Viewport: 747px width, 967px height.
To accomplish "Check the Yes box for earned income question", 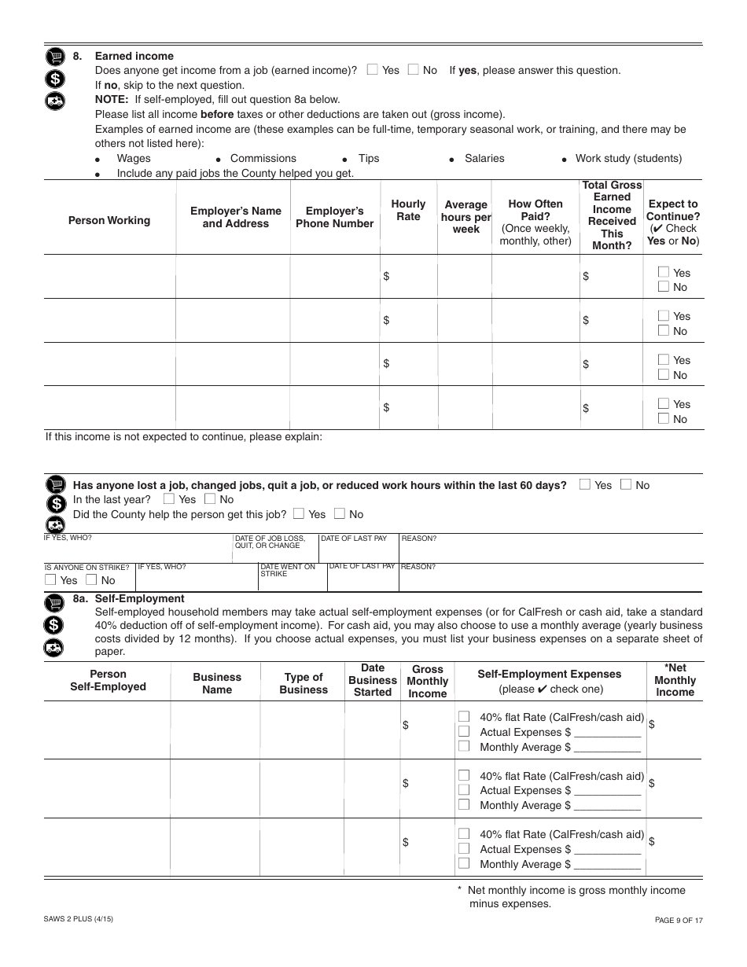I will (373, 70).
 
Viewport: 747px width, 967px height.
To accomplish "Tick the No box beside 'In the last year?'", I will (210, 499).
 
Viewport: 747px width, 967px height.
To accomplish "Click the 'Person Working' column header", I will (109, 220).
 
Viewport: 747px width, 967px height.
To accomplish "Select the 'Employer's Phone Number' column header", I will (334, 217).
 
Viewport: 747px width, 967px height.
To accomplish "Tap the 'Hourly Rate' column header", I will (408, 210).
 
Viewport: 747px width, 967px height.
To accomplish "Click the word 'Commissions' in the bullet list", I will (263, 158).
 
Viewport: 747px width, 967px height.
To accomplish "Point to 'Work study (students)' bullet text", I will (628, 158).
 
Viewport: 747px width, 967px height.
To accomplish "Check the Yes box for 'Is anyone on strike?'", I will (51, 580).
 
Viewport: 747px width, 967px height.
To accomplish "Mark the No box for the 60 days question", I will (626, 485).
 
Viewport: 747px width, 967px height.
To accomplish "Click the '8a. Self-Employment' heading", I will (128, 598).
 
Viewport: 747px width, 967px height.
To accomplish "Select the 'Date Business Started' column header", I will (373, 680).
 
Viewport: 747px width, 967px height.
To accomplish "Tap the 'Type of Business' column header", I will (304, 683).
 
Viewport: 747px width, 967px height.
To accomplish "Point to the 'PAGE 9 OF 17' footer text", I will (679, 919).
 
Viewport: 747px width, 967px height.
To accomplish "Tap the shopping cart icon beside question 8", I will (54, 57).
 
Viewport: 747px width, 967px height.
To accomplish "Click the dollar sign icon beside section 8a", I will (54, 626).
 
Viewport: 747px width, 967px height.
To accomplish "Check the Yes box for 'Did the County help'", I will (299, 514).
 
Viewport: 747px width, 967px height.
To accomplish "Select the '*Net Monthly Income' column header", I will (675, 680).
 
